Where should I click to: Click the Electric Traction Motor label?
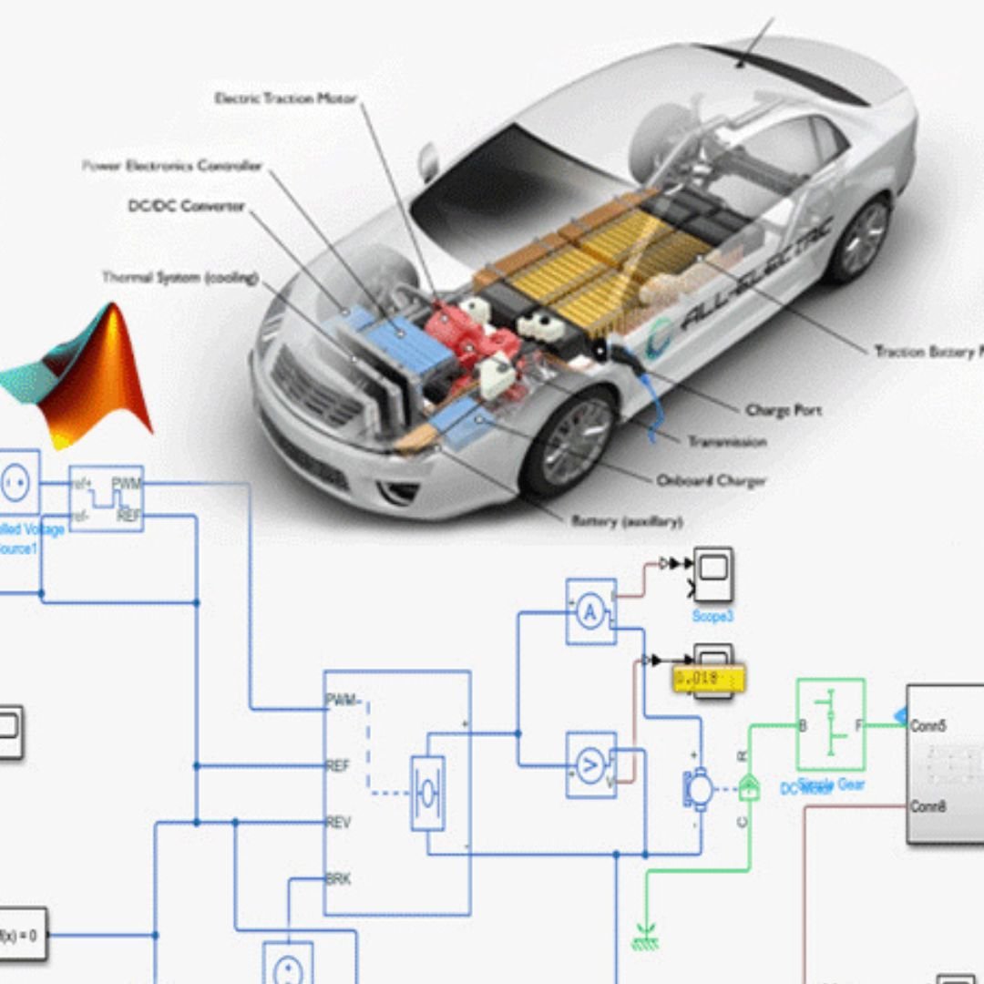(x=285, y=97)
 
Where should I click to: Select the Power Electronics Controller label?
(x=172, y=166)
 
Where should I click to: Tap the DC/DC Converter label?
(x=186, y=206)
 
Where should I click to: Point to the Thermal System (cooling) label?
(x=180, y=277)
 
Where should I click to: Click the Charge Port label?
(x=783, y=411)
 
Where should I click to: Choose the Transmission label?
(x=726, y=442)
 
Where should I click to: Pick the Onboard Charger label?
(x=711, y=480)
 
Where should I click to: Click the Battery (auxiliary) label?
(x=627, y=521)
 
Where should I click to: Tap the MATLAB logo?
(x=82, y=374)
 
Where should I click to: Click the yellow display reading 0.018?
(x=709, y=679)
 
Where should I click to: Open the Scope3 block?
(x=712, y=574)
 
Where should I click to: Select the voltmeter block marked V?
(x=590, y=765)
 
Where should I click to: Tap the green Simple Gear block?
(x=830, y=724)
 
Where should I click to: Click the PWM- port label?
(x=343, y=701)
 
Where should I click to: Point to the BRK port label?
(x=338, y=879)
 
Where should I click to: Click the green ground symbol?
(x=645, y=938)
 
